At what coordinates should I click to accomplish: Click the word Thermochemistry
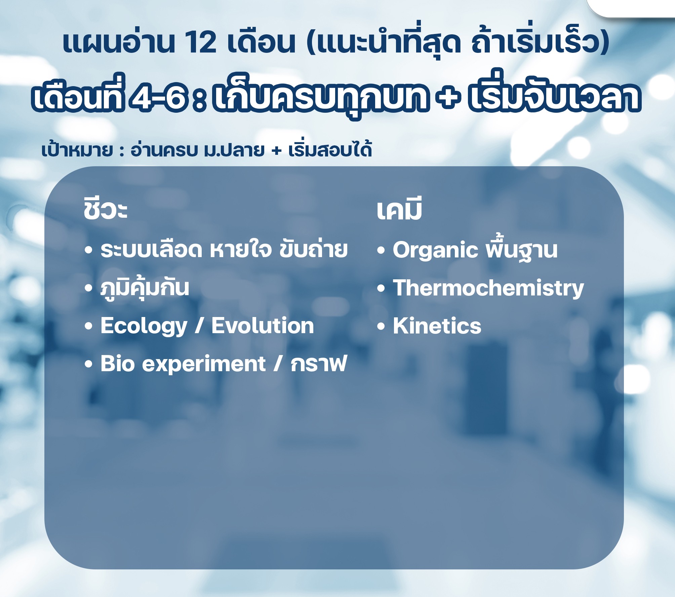pos(488,288)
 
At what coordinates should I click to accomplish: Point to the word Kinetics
pos(437,326)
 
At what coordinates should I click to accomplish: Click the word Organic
pos(435,250)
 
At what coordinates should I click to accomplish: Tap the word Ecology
pos(144,326)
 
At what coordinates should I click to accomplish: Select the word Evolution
pos(263,326)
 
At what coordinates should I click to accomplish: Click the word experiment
pos(204,364)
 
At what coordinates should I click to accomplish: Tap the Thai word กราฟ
pos(319,363)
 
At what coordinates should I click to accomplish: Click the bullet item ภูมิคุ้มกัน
pos(145,288)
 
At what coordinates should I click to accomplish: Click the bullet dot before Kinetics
pos(381,326)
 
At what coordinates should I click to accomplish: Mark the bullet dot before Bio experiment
pos(88,364)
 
